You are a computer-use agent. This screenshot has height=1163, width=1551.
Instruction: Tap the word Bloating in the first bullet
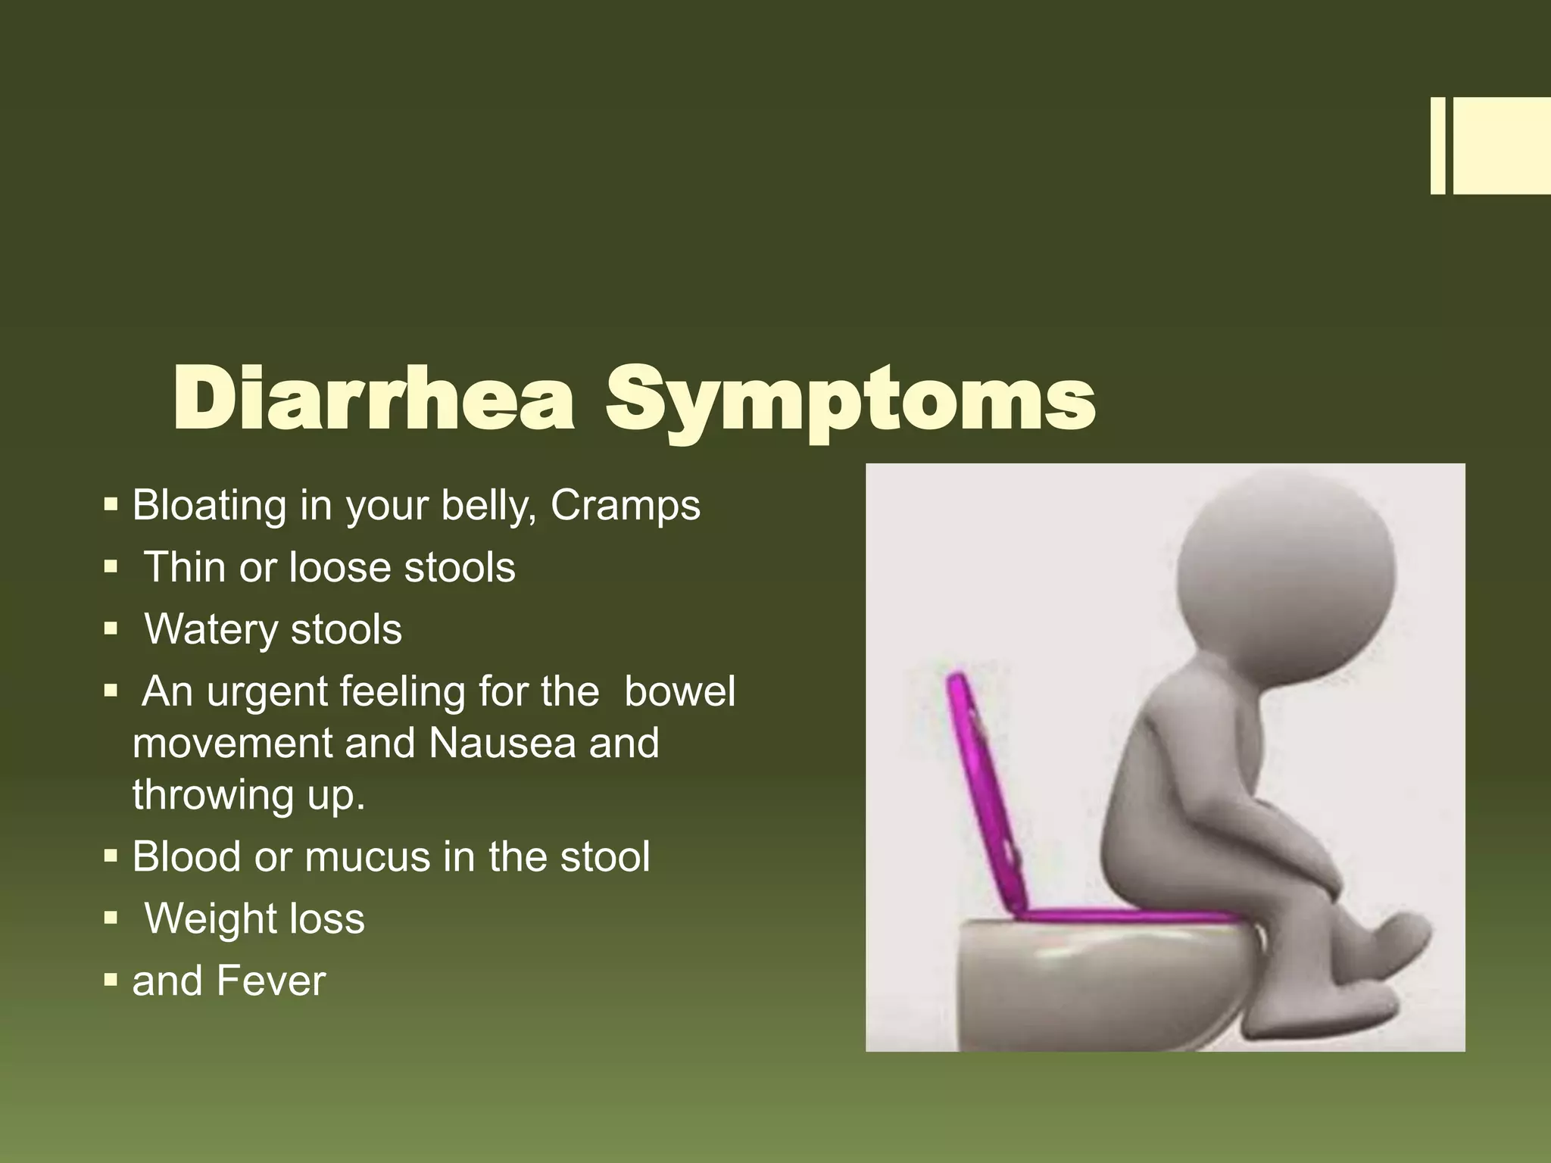click(x=209, y=505)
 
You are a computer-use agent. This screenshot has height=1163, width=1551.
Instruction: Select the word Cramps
click(x=626, y=507)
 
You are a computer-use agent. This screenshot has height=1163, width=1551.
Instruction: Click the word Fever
click(x=270, y=981)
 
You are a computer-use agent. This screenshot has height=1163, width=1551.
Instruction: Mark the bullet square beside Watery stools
click(x=111, y=628)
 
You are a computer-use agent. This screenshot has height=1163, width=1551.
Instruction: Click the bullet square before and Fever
click(x=111, y=981)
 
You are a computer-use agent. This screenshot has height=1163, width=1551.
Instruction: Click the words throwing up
click(x=248, y=795)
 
